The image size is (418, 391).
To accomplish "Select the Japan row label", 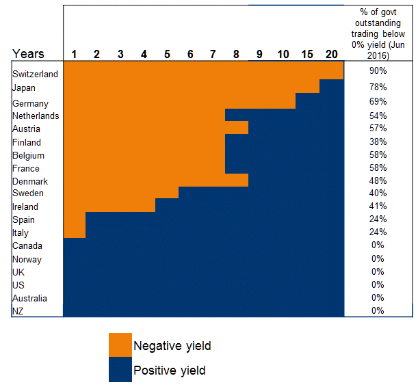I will [24, 87].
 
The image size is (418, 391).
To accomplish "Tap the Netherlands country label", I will [36, 116].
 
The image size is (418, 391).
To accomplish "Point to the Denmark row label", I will [30, 181].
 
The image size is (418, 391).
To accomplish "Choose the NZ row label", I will [18, 311].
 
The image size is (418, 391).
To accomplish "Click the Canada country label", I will [27, 245].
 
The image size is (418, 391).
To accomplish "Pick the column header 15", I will [308, 54].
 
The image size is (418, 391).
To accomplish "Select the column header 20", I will [331, 54].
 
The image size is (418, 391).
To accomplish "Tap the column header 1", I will [74, 54].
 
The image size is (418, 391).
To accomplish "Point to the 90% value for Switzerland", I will [378, 70].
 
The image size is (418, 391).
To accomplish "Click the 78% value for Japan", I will [378, 87].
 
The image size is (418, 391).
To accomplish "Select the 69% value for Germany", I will [378, 102].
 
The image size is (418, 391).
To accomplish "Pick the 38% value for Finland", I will [378, 141].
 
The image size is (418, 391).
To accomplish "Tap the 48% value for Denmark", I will [378, 180].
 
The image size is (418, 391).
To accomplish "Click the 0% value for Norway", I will [378, 258].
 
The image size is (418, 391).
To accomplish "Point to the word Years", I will [28, 54].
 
